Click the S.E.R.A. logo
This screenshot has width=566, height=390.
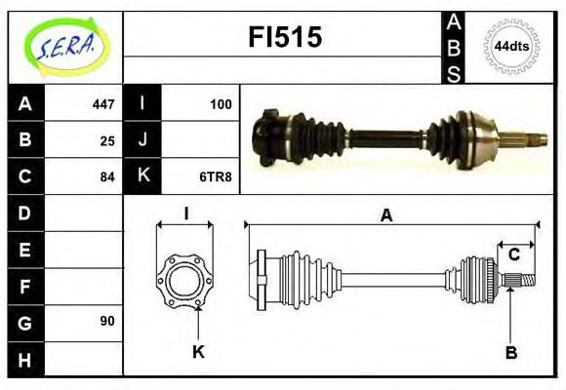point(66,46)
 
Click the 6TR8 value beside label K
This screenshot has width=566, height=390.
point(217,176)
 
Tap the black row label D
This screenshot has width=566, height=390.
point(25,213)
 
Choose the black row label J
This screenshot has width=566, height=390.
point(142,140)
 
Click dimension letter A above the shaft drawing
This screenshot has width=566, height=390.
point(387,216)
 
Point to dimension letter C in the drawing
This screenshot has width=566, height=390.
point(513,255)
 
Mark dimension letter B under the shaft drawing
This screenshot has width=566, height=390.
point(510,353)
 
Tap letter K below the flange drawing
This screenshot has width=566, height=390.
point(198,353)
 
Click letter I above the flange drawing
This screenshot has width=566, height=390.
point(184,214)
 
